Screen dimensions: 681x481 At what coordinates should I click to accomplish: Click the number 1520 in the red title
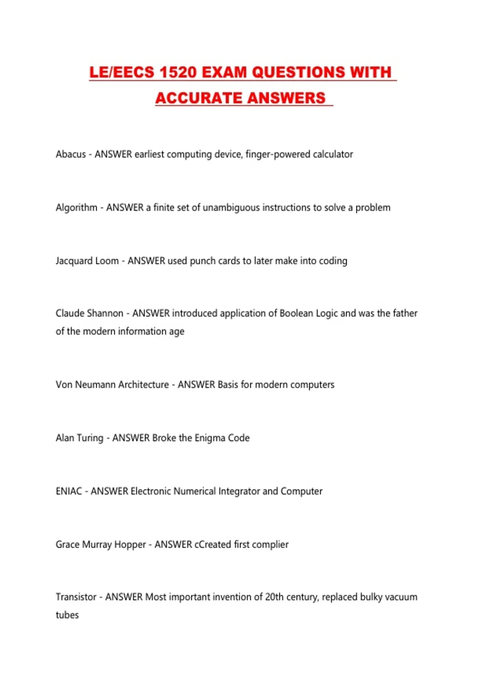[177, 73]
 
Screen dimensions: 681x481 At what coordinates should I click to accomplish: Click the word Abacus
[71, 154]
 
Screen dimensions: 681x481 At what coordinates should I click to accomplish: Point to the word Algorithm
[76, 208]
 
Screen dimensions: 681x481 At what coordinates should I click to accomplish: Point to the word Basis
[228, 385]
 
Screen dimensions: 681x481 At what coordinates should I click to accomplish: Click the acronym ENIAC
[69, 491]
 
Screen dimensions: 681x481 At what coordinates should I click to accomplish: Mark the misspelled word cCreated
[212, 544]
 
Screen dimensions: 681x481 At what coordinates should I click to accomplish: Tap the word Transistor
[76, 597]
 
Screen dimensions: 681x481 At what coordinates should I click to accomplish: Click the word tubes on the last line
[67, 615]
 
